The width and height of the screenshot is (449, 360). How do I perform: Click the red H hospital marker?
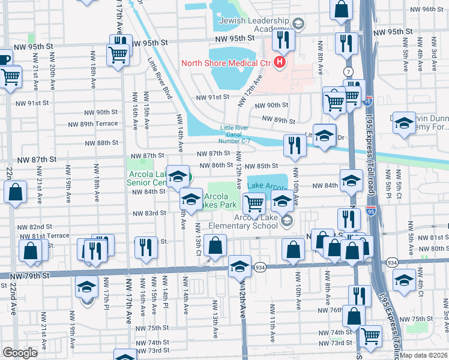(x=279, y=62)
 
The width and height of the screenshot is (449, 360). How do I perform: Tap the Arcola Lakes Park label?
(x=215, y=200)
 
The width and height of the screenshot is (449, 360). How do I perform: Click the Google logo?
(x=20, y=353)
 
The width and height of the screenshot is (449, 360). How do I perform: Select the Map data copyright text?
(x=423, y=355)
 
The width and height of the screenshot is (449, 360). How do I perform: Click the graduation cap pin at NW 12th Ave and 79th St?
(x=239, y=265)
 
